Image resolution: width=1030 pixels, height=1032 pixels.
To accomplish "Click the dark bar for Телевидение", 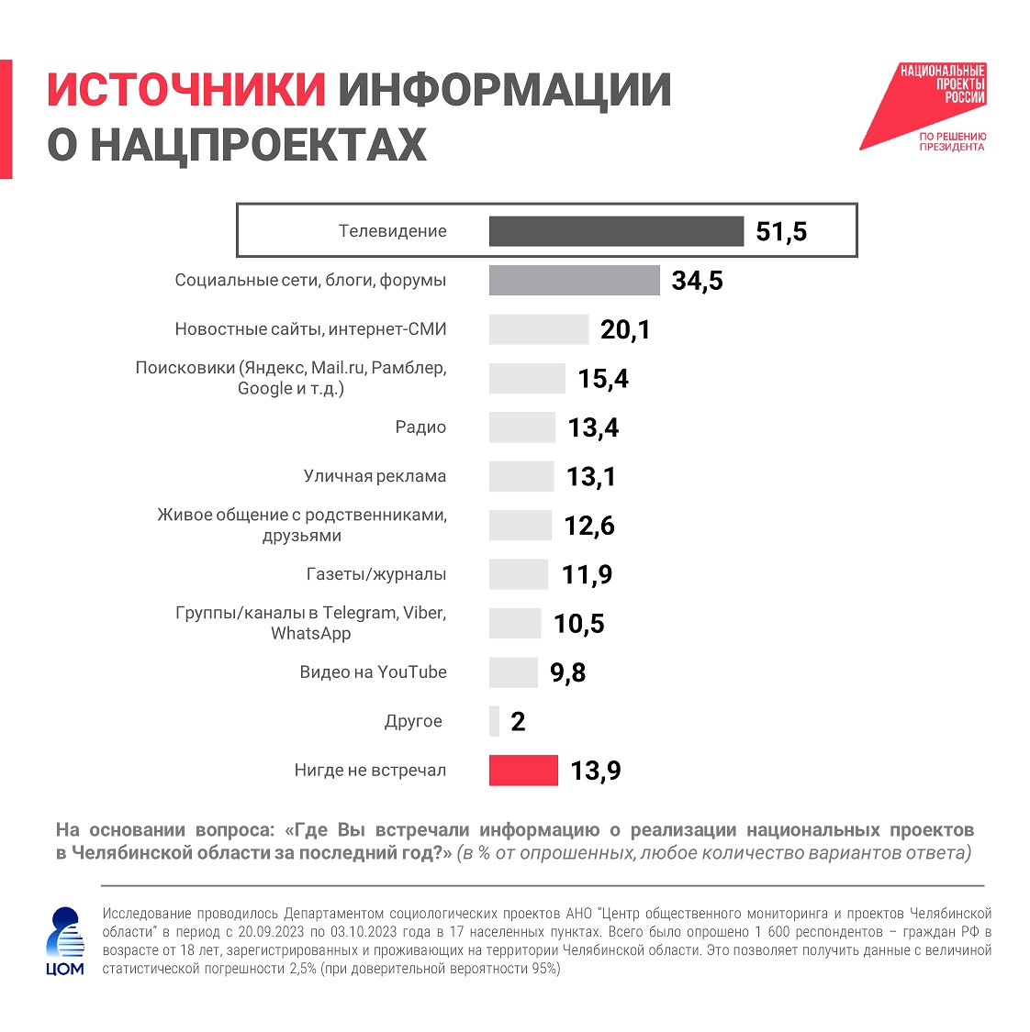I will tap(616, 231).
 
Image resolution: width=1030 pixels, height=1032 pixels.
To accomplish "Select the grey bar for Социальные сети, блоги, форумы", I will tap(574, 281).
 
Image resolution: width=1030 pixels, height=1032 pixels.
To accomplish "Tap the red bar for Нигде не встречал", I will tap(523, 771).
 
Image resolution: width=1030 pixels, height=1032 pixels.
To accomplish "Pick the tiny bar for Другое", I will tap(495, 722).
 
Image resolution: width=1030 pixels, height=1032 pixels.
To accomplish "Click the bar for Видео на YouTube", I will tap(513, 672).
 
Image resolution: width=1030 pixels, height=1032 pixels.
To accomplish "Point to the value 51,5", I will tap(781, 231).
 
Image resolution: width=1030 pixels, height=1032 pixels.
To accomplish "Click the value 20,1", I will tap(625, 329).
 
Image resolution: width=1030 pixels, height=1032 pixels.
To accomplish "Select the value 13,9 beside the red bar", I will tap(596, 771).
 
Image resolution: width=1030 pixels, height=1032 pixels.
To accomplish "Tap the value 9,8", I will tap(567, 672).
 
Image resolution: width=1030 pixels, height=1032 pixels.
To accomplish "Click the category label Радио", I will tap(420, 427).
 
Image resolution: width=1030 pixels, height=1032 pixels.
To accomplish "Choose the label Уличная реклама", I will tap(375, 476).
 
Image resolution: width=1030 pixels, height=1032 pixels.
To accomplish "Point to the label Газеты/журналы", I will tap(376, 574).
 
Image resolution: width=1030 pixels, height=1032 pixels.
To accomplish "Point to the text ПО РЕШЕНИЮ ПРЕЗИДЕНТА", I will tap(952, 141).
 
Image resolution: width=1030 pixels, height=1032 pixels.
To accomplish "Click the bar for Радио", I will tap(521, 427).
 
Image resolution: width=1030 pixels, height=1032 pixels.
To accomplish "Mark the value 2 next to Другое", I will tap(518, 722).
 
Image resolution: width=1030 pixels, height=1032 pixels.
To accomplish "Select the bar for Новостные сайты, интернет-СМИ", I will tap(538, 329).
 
